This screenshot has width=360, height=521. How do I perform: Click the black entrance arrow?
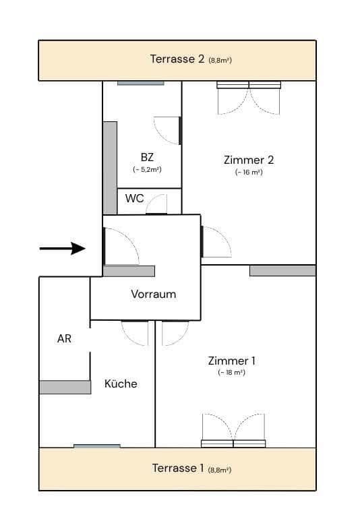click(x=62, y=249)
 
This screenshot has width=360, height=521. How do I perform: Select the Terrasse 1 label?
click(x=179, y=468)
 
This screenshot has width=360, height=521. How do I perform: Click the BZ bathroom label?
click(x=147, y=157)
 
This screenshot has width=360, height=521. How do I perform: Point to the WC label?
click(x=135, y=199)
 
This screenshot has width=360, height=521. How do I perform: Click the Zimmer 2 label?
click(x=248, y=160)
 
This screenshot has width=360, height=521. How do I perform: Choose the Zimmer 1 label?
click(x=231, y=361)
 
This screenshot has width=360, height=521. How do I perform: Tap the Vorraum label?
click(x=153, y=294)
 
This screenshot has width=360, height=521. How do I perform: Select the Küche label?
click(x=121, y=384)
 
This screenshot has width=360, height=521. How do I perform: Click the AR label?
click(x=64, y=338)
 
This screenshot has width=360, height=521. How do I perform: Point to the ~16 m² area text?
click(x=249, y=173)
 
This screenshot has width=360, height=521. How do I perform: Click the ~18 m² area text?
click(x=231, y=373)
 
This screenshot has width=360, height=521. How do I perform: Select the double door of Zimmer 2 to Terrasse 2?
click(x=249, y=98)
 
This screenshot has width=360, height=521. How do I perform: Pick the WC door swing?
click(x=157, y=204)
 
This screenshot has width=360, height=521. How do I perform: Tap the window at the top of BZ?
click(x=140, y=83)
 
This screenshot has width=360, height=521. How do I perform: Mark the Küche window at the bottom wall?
click(x=97, y=446)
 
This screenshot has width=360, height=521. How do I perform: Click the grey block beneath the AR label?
click(x=65, y=387)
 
